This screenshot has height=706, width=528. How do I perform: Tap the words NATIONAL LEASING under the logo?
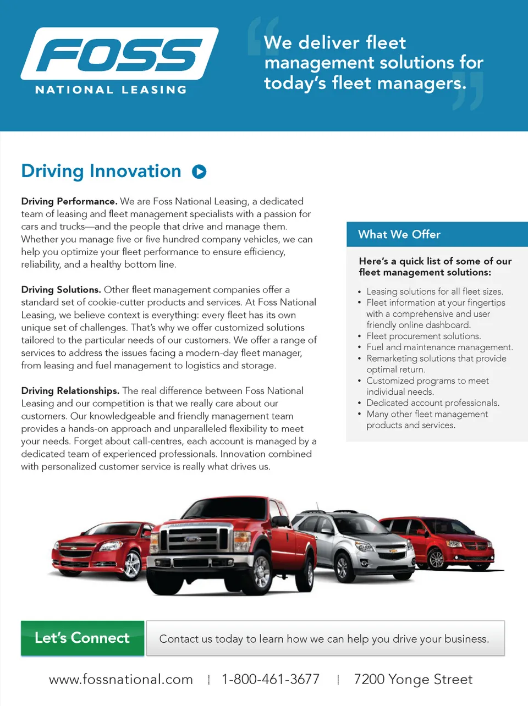pyautogui.click(x=111, y=90)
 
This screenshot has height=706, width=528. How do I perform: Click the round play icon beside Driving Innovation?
pyautogui.click(x=199, y=172)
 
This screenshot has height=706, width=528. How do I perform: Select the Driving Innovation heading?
pyautogui.click(x=101, y=171)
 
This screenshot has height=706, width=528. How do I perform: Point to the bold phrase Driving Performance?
pyautogui.click(x=69, y=201)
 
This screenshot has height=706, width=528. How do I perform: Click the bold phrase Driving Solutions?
pyautogui.click(x=61, y=290)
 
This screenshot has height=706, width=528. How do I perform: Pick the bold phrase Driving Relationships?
pyautogui.click(x=70, y=391)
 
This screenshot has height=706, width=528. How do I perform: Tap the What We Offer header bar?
pyautogui.click(x=437, y=234)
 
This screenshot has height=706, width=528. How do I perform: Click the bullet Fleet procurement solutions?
pyautogui.click(x=424, y=336)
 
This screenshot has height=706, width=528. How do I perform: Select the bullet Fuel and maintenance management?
pyautogui.click(x=439, y=347)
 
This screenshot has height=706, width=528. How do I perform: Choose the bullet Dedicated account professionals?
pyautogui.click(x=433, y=402)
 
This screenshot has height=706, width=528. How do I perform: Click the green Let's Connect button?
pyautogui.click(x=82, y=638)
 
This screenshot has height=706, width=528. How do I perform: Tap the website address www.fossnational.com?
pyautogui.click(x=121, y=680)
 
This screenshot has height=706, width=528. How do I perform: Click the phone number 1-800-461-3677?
pyautogui.click(x=271, y=680)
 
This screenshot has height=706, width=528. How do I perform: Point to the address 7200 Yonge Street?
pyautogui.click(x=413, y=680)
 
